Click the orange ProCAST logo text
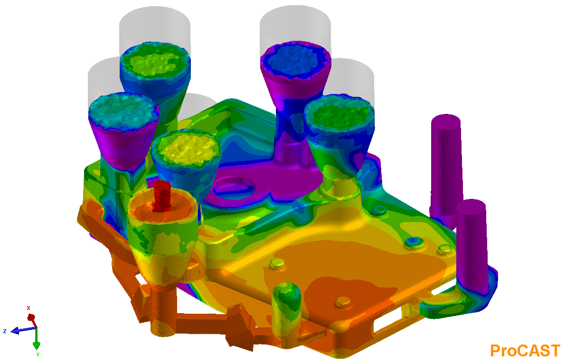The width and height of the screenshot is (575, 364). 525,350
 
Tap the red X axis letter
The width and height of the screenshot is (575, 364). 28,308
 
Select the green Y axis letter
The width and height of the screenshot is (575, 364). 38,355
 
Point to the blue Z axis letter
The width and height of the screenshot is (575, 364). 5,331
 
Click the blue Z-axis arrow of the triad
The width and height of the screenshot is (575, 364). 24,330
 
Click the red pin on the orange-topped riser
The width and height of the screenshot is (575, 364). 162,196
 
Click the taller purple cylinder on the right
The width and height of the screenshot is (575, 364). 447,167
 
